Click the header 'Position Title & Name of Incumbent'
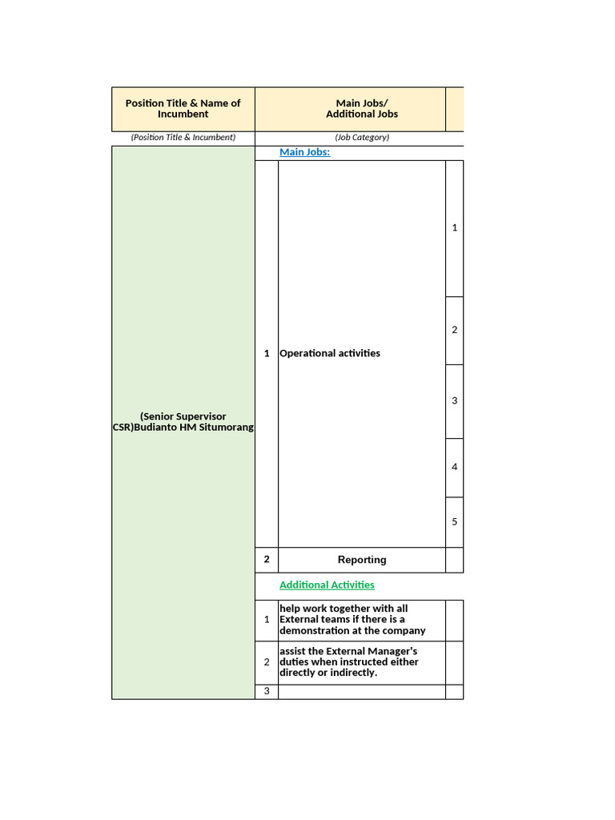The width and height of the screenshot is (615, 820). pos(183,108)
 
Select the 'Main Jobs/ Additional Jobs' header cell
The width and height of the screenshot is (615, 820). pos(361,108)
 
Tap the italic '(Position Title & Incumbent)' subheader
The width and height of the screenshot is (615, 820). pos(183,138)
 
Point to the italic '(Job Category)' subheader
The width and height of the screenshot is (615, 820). pos(362,138)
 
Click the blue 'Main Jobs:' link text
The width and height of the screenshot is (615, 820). pos(304,152)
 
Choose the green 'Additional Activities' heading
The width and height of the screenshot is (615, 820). pos(327,585)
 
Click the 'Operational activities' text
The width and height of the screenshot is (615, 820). pos(330,353)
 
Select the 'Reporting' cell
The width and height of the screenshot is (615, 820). pos(362,560)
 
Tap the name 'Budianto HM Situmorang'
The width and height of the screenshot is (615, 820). pos(191,428)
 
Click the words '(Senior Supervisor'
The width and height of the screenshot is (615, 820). pos(183,416)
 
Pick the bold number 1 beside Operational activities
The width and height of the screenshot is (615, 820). pos(267,353)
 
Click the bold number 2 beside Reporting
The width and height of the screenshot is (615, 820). pos(267,560)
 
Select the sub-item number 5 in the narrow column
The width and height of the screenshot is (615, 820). pos(454,521)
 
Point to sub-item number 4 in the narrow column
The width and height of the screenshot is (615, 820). pos(454,467)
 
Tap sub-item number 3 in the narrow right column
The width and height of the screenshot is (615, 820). pos(454,400)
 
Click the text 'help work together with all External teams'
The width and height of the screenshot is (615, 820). pos(352,620)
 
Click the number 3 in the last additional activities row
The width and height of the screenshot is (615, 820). pos(267,692)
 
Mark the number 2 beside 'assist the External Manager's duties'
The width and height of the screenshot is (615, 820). pos(267,662)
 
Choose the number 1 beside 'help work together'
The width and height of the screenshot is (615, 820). pos(267,620)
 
